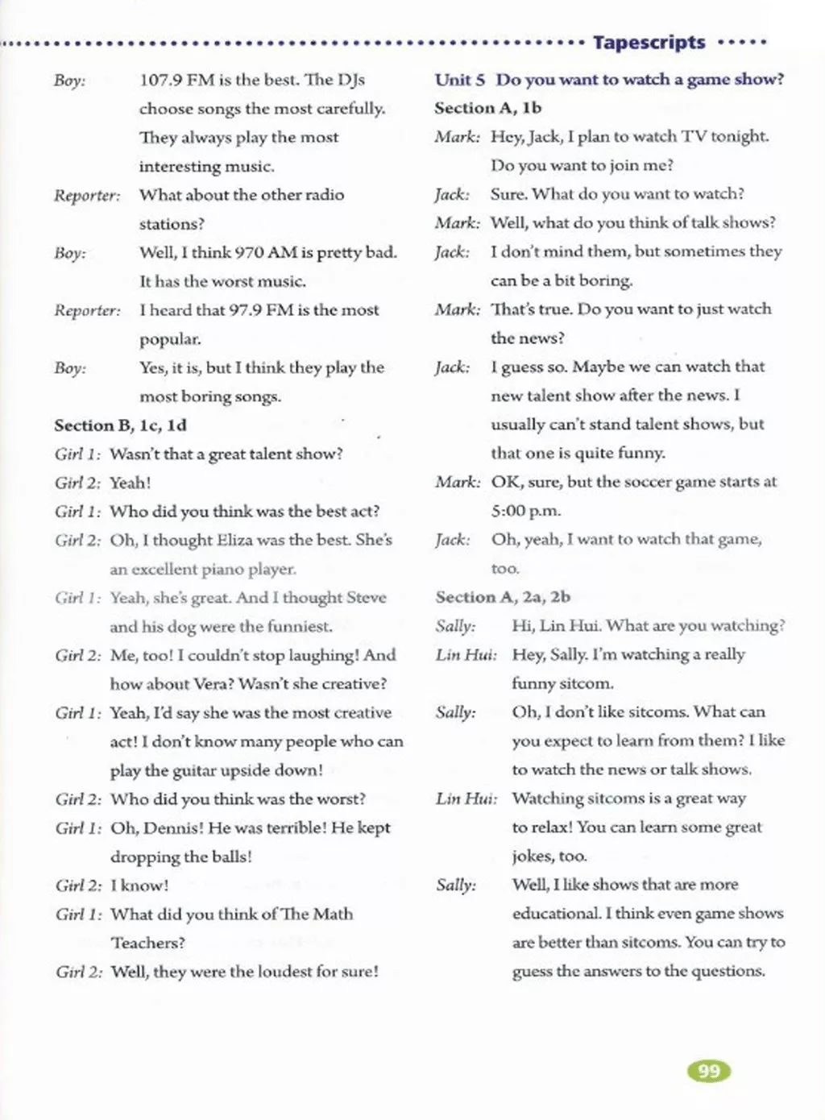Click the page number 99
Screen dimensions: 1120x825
point(709,1071)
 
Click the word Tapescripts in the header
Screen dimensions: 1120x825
point(649,43)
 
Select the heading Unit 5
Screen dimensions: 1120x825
point(460,80)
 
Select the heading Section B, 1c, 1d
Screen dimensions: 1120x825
point(120,425)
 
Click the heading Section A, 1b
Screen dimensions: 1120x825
point(487,108)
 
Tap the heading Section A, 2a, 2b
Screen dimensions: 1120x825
point(503,597)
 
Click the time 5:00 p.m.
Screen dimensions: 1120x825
point(525,511)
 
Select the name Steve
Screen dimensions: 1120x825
point(366,598)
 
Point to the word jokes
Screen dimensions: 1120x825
point(532,856)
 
